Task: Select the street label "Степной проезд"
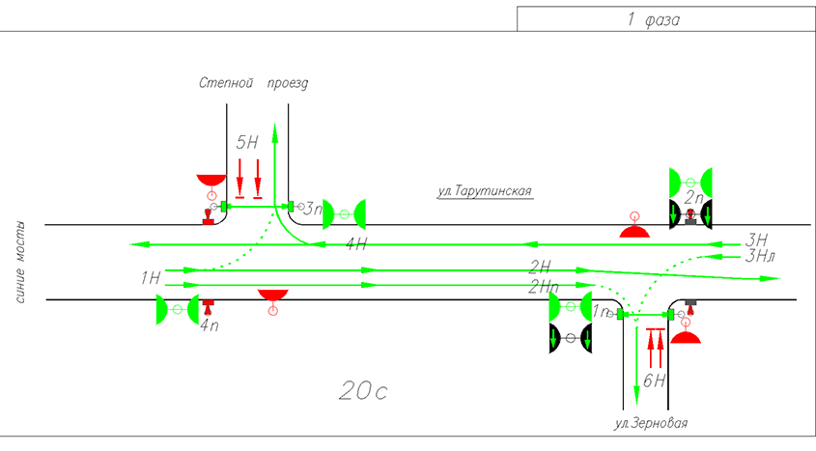tap(254, 84)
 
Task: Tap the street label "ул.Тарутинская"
tap(485, 191)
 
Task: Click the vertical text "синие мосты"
tap(21, 262)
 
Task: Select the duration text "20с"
tap(363, 390)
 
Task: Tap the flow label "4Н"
tap(356, 244)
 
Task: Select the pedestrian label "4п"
tap(209, 326)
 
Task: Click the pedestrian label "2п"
tap(693, 197)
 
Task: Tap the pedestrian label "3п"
tap(313, 208)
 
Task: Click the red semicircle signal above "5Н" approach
tap(211, 181)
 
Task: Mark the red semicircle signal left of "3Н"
tap(634, 231)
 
